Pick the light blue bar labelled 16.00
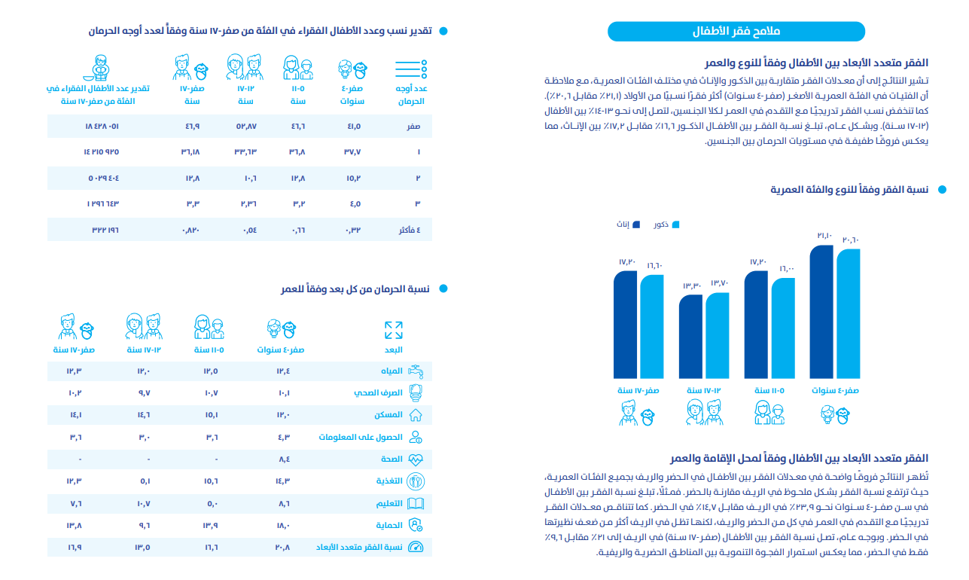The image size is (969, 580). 782,328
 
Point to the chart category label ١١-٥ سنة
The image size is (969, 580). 769,390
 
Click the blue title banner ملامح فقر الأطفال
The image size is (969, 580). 736,31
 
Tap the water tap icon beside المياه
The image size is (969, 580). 415,371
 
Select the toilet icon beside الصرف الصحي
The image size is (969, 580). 415,392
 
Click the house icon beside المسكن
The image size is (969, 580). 415,414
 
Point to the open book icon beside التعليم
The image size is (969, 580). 415,502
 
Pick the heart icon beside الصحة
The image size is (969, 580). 415,459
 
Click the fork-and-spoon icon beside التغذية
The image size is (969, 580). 415,481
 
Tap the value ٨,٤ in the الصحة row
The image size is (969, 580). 284,459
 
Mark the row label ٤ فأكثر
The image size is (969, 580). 409,230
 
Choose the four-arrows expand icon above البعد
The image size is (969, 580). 394,330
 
